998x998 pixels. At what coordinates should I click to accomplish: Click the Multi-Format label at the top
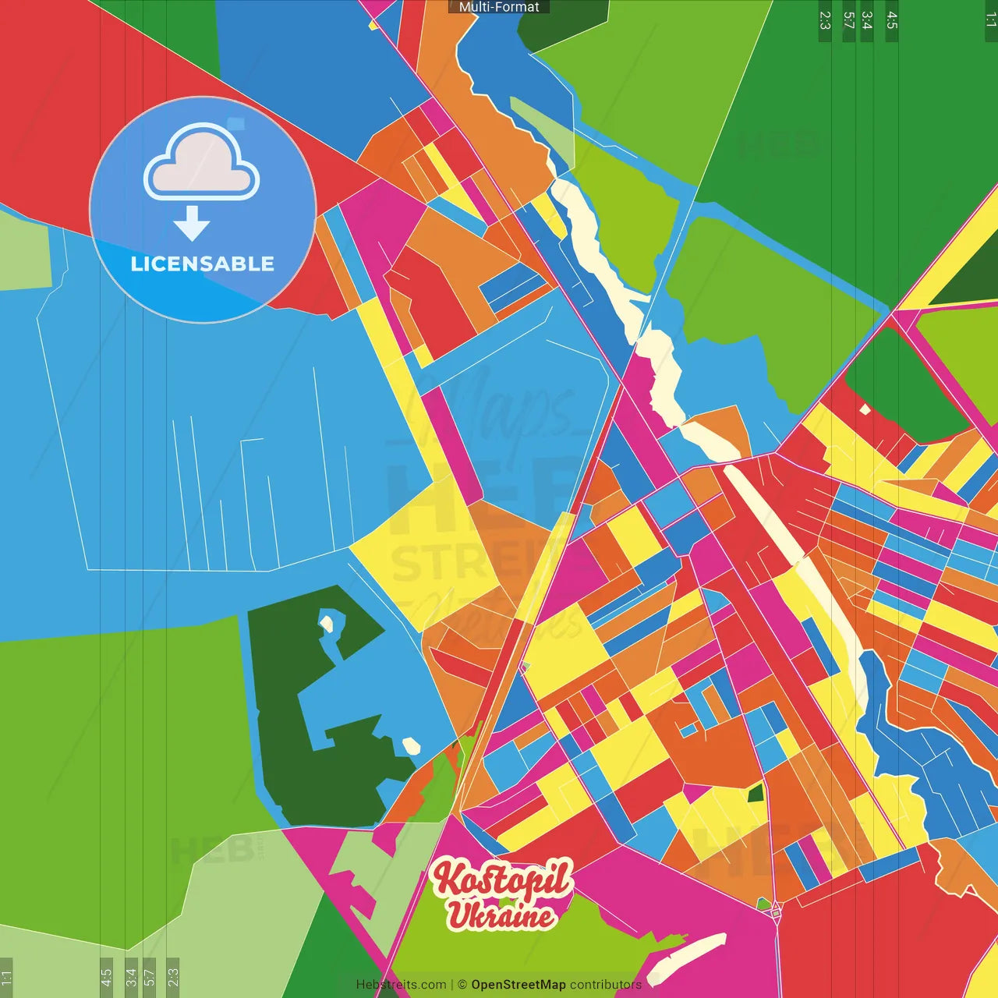(499, 7)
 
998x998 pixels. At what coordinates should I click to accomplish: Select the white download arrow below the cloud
(192, 223)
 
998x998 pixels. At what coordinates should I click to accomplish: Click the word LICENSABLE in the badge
(202, 264)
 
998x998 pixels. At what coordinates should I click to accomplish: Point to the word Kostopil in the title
(502, 879)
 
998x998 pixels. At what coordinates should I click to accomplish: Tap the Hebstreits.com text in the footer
(401, 985)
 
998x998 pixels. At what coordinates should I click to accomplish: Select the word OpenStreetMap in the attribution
(518, 985)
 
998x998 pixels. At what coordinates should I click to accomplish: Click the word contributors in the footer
(605, 985)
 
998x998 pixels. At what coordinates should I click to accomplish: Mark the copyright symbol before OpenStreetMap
(462, 985)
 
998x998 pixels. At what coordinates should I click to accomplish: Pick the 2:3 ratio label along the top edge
(825, 20)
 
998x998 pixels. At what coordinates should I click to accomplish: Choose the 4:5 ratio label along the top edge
(892, 20)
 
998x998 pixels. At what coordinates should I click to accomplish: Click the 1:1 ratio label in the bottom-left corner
(6, 977)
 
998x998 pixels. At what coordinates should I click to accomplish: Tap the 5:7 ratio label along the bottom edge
(149, 977)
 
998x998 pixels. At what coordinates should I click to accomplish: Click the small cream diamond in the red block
(864, 409)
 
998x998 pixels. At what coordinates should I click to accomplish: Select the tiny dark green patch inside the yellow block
(755, 795)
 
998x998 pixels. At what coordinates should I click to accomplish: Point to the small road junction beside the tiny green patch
(776, 911)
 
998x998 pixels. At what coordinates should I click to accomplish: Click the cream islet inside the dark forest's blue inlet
(327, 623)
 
